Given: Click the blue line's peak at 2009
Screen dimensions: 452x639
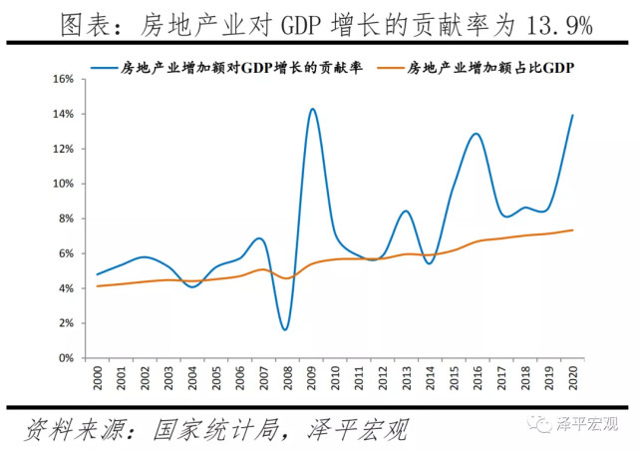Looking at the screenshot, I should click(312, 109).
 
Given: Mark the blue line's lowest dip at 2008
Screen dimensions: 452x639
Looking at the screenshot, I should click(285, 329).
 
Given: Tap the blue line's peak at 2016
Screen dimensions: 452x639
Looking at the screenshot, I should click(476, 134).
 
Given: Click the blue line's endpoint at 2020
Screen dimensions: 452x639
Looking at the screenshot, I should click(572, 115).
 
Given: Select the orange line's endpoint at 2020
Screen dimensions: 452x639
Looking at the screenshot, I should click(572, 229).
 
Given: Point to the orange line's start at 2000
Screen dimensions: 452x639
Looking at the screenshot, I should click(97, 286).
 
